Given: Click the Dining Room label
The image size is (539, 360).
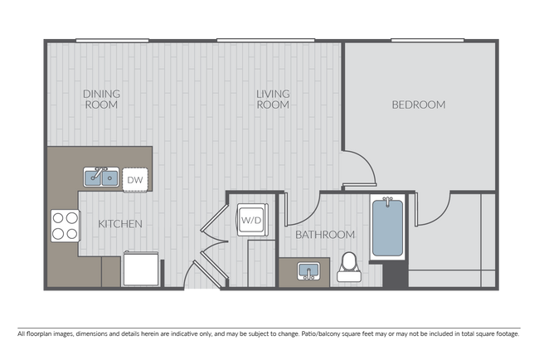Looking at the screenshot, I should (101, 99).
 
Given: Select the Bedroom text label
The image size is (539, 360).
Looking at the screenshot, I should (418, 105).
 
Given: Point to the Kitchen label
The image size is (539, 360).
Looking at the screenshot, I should (120, 224).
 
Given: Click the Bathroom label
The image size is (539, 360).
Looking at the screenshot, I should (326, 235).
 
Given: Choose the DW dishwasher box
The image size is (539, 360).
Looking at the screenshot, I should (135, 178).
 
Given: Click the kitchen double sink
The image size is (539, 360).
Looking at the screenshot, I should (102, 177).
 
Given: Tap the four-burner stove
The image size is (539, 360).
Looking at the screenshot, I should (66, 226).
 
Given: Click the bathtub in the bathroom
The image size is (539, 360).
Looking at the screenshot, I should (387, 228).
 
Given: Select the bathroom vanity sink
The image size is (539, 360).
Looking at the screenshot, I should (308, 271).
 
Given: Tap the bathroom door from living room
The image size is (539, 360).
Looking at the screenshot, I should (303, 209).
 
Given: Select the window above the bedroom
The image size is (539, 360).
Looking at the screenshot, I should (426, 38).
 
